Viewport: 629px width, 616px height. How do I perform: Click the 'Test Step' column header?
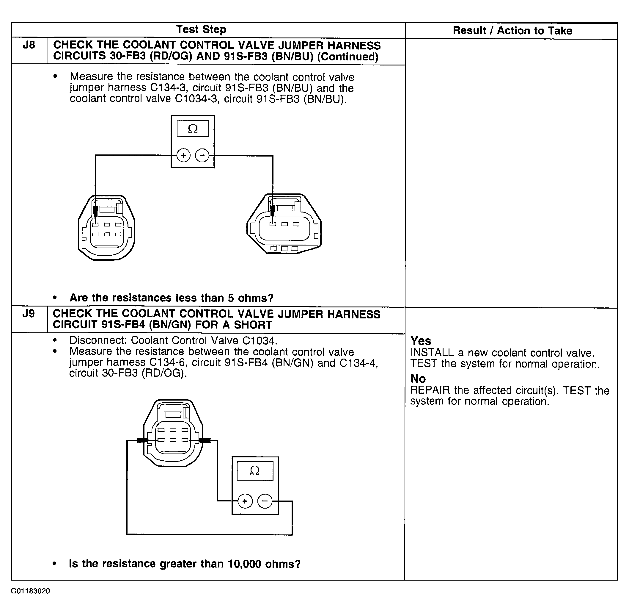point(201,29)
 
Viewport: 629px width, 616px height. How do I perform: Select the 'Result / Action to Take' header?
point(512,31)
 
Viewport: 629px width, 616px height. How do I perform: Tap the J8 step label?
point(29,45)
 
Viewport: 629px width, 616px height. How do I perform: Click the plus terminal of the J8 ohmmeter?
point(183,156)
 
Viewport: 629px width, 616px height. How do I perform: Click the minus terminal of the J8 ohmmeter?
point(202,156)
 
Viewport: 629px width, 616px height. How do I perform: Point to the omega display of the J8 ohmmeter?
point(193,129)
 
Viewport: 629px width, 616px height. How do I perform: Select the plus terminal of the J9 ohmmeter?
point(245,501)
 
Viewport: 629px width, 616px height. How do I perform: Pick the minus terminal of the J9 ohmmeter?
point(265,501)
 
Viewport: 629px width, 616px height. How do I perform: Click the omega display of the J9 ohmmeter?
point(255,470)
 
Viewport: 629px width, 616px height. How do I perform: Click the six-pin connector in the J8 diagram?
point(106,228)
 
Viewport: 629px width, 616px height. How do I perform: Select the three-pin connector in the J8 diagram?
point(284,224)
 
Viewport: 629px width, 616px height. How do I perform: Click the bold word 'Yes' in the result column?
point(421,341)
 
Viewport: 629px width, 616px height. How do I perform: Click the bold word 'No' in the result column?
point(418,378)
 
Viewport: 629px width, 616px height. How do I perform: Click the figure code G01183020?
point(30,591)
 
